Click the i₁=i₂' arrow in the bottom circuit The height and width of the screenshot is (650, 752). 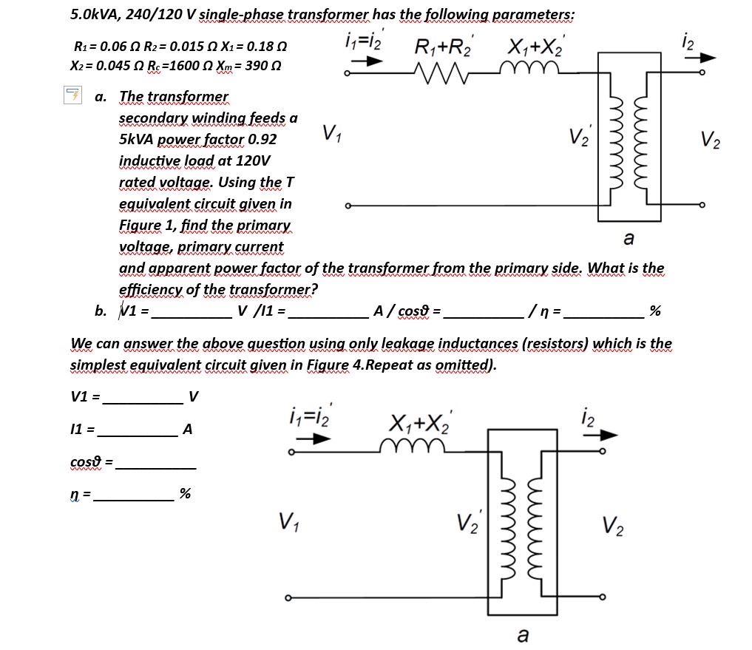tap(311, 438)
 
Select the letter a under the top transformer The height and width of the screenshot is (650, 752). tap(628, 238)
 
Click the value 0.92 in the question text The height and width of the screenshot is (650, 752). tap(262, 139)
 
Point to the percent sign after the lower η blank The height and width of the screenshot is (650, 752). tap(185, 493)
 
